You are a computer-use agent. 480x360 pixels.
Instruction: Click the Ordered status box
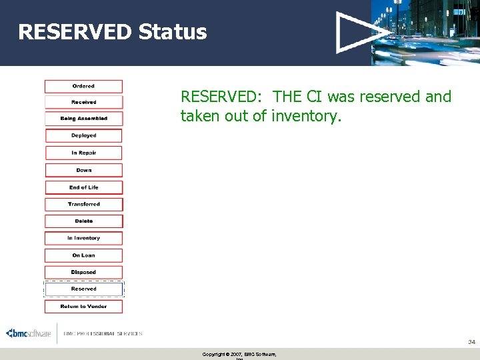point(83,86)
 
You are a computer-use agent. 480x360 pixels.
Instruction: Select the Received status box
point(83,102)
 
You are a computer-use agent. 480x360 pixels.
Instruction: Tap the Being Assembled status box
point(83,119)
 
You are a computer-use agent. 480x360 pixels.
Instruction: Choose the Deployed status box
point(83,135)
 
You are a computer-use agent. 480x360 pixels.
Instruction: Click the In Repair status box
point(83,153)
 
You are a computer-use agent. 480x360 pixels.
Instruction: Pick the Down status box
point(83,170)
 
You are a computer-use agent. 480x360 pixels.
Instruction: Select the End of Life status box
point(83,187)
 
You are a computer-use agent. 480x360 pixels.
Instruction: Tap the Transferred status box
point(83,204)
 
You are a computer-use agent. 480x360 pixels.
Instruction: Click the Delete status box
point(83,221)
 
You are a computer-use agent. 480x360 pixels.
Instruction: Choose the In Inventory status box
point(83,238)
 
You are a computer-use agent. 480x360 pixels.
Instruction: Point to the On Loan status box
point(83,255)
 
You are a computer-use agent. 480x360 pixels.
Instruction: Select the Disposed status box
point(83,272)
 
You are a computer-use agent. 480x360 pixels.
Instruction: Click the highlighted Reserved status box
point(83,289)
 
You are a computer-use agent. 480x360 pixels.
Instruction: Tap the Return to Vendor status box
point(83,307)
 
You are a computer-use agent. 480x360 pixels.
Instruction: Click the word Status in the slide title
point(173,32)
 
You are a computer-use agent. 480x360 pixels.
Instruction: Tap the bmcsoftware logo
point(28,333)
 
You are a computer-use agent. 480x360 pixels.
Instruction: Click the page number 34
point(471,341)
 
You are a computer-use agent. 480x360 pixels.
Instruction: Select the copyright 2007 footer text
point(239,354)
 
